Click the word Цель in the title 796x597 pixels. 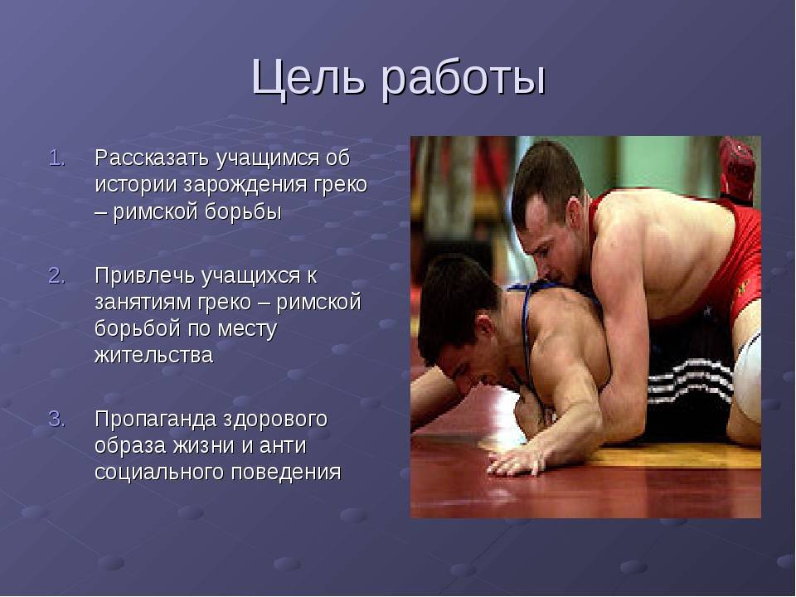point(308,78)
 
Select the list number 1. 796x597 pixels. point(57,158)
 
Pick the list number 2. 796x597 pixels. point(57,276)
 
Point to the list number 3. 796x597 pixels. point(57,420)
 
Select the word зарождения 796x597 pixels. point(245,186)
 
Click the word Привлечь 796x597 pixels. point(146,277)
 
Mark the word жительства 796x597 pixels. point(154,356)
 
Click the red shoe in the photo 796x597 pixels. point(736,170)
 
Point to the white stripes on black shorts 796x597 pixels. point(690,381)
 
